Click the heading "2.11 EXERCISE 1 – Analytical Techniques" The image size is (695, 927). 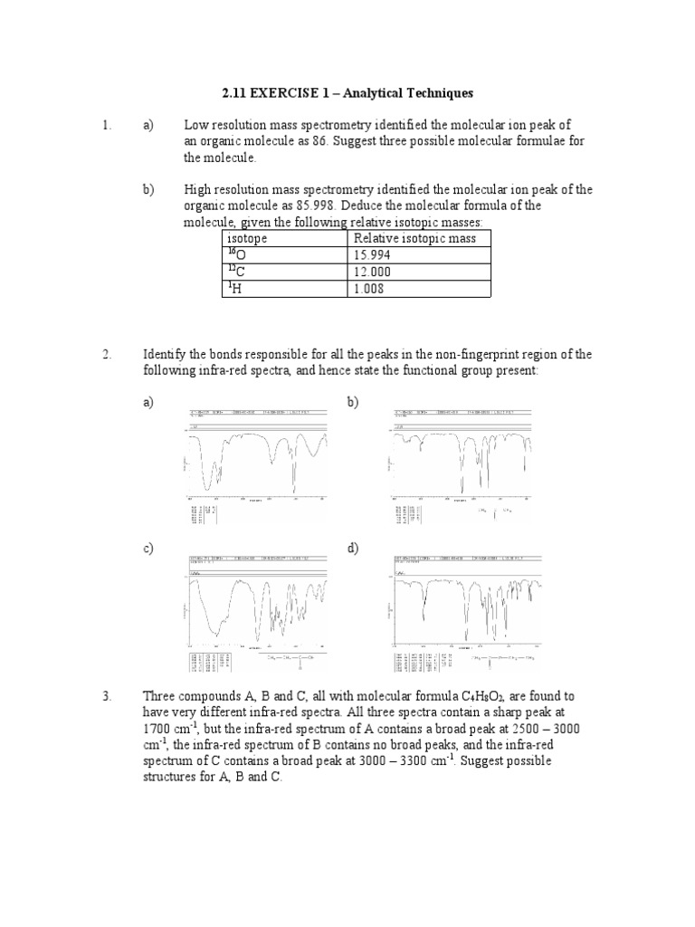click(347, 93)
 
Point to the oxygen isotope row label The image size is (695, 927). click(236, 255)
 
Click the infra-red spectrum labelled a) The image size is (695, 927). click(256, 461)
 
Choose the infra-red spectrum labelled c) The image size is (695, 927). click(256, 611)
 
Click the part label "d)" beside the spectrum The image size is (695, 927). click(353, 550)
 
